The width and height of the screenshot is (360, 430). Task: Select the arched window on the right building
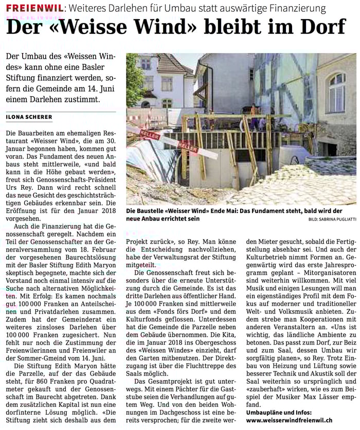click(336, 93)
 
